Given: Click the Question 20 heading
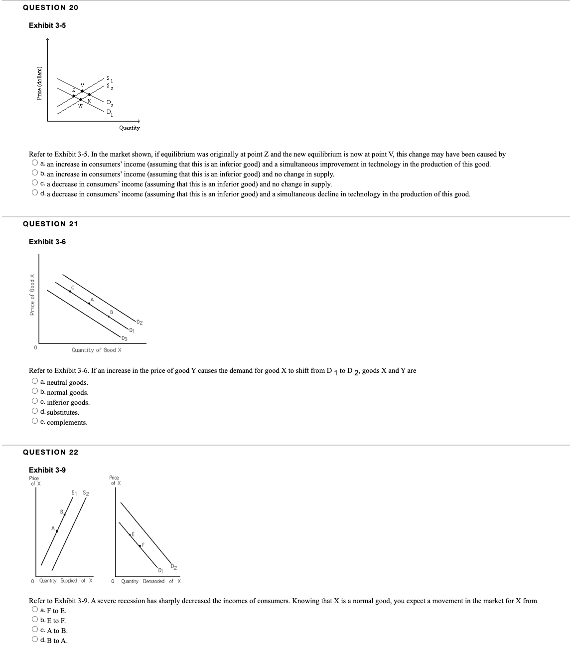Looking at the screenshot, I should pos(50,7).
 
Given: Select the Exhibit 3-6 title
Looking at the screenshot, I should pos(47,242).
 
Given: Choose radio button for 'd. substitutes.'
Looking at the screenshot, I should pos(35,412).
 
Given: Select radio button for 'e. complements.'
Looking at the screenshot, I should pos(35,422).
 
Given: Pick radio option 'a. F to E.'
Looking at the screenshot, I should pos(35,610).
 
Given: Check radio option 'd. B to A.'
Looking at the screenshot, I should pos(35,640).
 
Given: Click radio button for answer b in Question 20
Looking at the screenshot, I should pos(35,173).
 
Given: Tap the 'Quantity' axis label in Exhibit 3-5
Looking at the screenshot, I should pos(130,128).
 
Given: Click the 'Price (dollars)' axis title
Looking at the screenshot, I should pos(39,84).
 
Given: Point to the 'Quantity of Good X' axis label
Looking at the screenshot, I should pos(97,350).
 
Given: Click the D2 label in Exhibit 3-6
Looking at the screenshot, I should pos(140,323).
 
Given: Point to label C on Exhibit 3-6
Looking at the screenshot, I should pos(73,287).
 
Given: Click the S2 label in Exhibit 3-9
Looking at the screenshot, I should pos(86,493).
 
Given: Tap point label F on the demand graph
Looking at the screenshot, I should pos(143,544).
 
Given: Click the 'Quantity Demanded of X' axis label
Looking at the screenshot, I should pos(150,581).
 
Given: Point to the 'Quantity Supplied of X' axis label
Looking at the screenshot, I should pos(62,581).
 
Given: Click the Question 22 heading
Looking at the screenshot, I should pos(50,452).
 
